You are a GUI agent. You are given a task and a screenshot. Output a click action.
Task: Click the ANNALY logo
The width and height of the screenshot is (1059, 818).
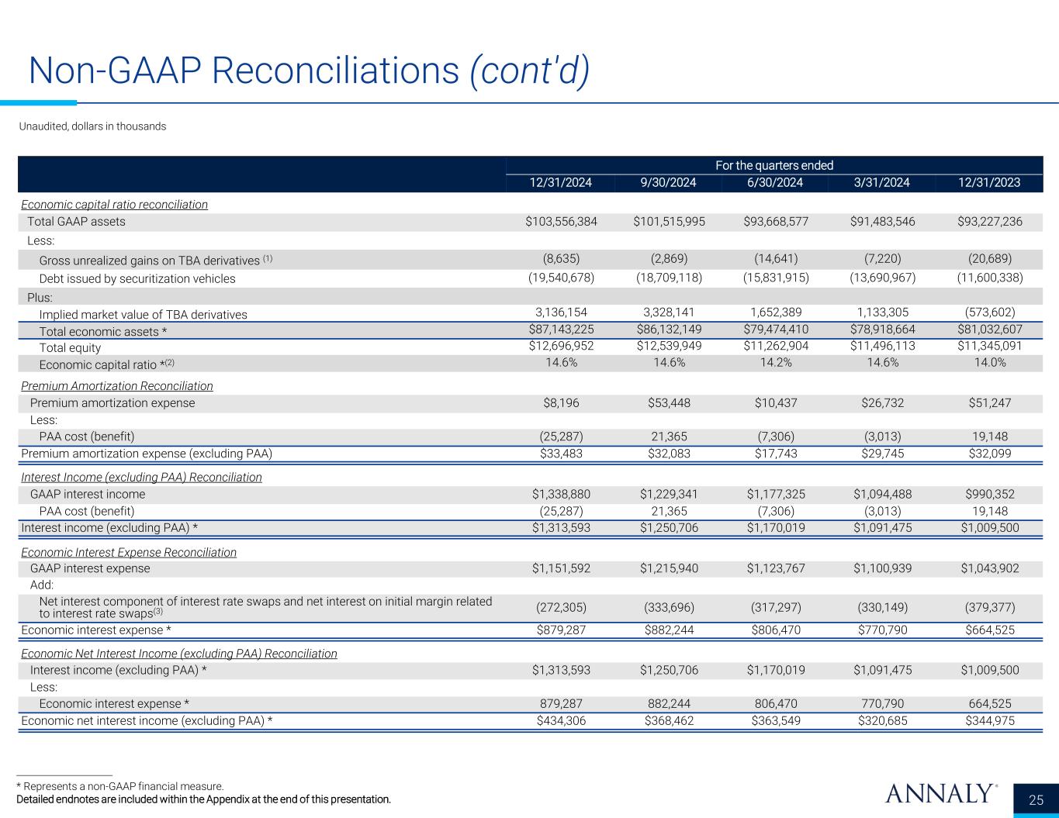click(x=940, y=794)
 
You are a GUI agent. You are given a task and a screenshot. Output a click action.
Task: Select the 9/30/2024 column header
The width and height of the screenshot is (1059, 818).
click(x=668, y=183)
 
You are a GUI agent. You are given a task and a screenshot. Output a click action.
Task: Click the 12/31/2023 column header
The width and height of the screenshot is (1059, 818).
click(x=989, y=183)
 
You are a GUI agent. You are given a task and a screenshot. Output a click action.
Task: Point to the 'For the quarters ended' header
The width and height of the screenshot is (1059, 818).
click(x=774, y=165)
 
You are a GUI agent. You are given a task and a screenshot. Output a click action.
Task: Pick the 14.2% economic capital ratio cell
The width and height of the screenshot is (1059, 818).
click(x=774, y=363)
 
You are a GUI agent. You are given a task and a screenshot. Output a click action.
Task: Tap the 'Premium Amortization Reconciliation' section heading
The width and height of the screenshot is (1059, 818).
click(x=117, y=385)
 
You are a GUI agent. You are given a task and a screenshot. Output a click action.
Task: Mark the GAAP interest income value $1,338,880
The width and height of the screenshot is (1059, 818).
click(x=561, y=494)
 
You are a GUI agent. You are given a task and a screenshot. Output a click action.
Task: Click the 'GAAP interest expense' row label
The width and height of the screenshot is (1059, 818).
click(x=90, y=568)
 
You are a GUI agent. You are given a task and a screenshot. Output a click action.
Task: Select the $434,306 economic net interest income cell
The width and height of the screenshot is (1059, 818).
click(x=561, y=720)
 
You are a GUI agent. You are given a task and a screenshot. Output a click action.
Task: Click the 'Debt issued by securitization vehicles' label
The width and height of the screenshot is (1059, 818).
click(x=137, y=278)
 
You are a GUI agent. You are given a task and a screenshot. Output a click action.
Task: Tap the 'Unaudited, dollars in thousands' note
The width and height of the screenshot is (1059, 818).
click(x=92, y=126)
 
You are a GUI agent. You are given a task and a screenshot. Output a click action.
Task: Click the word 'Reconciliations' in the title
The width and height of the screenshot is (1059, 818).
click(x=334, y=71)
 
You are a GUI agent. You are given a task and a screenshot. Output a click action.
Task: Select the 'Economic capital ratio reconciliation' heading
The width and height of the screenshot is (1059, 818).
click(x=115, y=205)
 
